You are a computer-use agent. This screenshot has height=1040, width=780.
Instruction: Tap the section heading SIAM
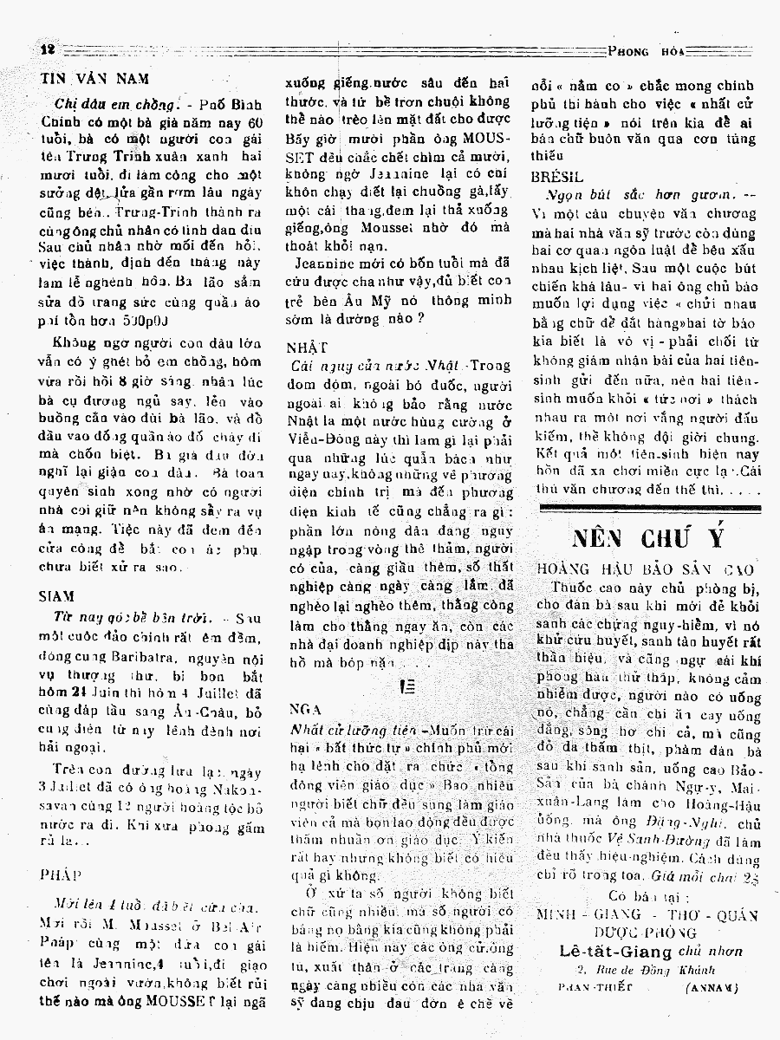pos(56,596)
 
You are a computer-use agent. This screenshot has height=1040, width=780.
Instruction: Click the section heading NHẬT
pos(302,347)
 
